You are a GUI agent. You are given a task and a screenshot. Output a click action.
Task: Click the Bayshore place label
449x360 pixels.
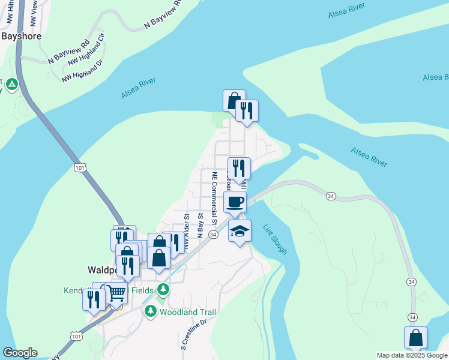tap(21, 36)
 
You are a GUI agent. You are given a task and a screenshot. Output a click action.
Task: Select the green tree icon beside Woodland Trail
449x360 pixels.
tap(150, 311)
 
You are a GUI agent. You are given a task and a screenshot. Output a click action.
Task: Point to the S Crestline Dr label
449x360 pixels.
tap(193, 334)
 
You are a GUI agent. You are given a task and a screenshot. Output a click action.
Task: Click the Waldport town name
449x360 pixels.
tap(101, 270)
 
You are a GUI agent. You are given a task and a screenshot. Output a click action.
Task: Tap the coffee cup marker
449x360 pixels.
tap(235, 202)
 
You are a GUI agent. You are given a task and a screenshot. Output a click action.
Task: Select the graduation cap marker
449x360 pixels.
tap(240, 231)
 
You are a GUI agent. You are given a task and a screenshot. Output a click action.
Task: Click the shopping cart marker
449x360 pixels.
tap(116, 293)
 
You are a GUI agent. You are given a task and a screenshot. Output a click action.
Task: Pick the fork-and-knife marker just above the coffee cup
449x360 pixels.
tap(238, 168)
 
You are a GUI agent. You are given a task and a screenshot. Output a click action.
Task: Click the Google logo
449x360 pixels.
tap(20, 353)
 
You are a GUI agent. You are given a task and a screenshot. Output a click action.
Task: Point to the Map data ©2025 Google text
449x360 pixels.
tap(412, 355)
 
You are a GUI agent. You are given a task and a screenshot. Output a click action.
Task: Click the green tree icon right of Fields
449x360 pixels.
tap(163, 290)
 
